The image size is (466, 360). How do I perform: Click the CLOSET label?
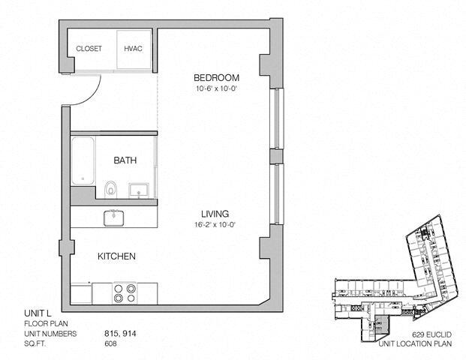pyautogui.click(x=89, y=49)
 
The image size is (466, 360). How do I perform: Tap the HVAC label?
pyautogui.click(x=134, y=49)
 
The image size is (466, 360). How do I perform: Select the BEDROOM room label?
pyautogui.click(x=216, y=78)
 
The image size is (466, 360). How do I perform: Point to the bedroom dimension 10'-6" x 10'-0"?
pyautogui.click(x=216, y=89)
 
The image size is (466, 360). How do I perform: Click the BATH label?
pyautogui.click(x=125, y=160)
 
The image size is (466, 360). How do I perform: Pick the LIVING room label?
pyautogui.click(x=215, y=214)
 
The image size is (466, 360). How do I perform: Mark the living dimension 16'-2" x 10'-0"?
pyautogui.click(x=215, y=225)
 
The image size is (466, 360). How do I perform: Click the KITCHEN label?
pyautogui.click(x=116, y=256)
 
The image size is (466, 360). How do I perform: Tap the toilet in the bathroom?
pyautogui.click(x=111, y=187)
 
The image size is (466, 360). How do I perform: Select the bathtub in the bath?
pyautogui.click(x=82, y=160)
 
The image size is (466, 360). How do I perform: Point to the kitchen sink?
pyautogui.click(x=115, y=217)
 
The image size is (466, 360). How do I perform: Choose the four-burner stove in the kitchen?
pyautogui.click(x=125, y=292)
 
